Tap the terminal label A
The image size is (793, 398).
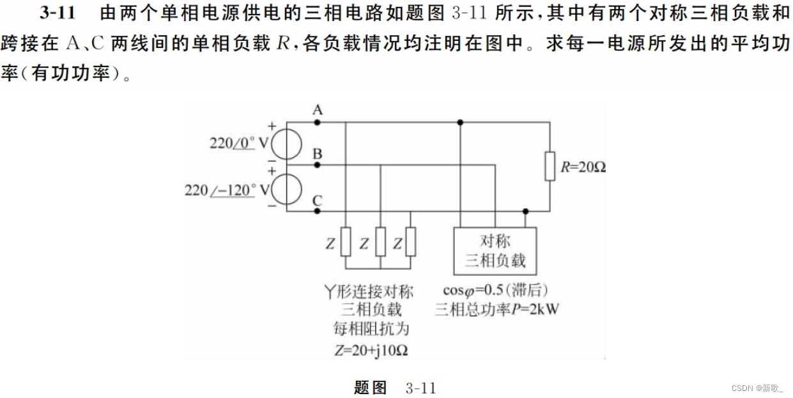coord(317,111)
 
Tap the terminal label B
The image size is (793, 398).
coord(317,154)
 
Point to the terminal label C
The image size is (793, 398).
coord(317,201)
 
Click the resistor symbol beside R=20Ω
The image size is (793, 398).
coord(550,166)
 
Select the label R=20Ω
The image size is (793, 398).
coord(582,167)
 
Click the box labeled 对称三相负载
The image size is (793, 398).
coord(495,251)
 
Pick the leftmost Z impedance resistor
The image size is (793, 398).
coord(346,241)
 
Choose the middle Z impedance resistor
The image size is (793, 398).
coord(380,241)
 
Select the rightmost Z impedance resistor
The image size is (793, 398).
coord(410,241)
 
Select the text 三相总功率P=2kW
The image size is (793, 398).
coord(497,310)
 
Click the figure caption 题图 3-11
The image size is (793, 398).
coord(395,387)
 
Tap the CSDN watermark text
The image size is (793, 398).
coord(756,388)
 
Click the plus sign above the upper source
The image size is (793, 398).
coord(272,126)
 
